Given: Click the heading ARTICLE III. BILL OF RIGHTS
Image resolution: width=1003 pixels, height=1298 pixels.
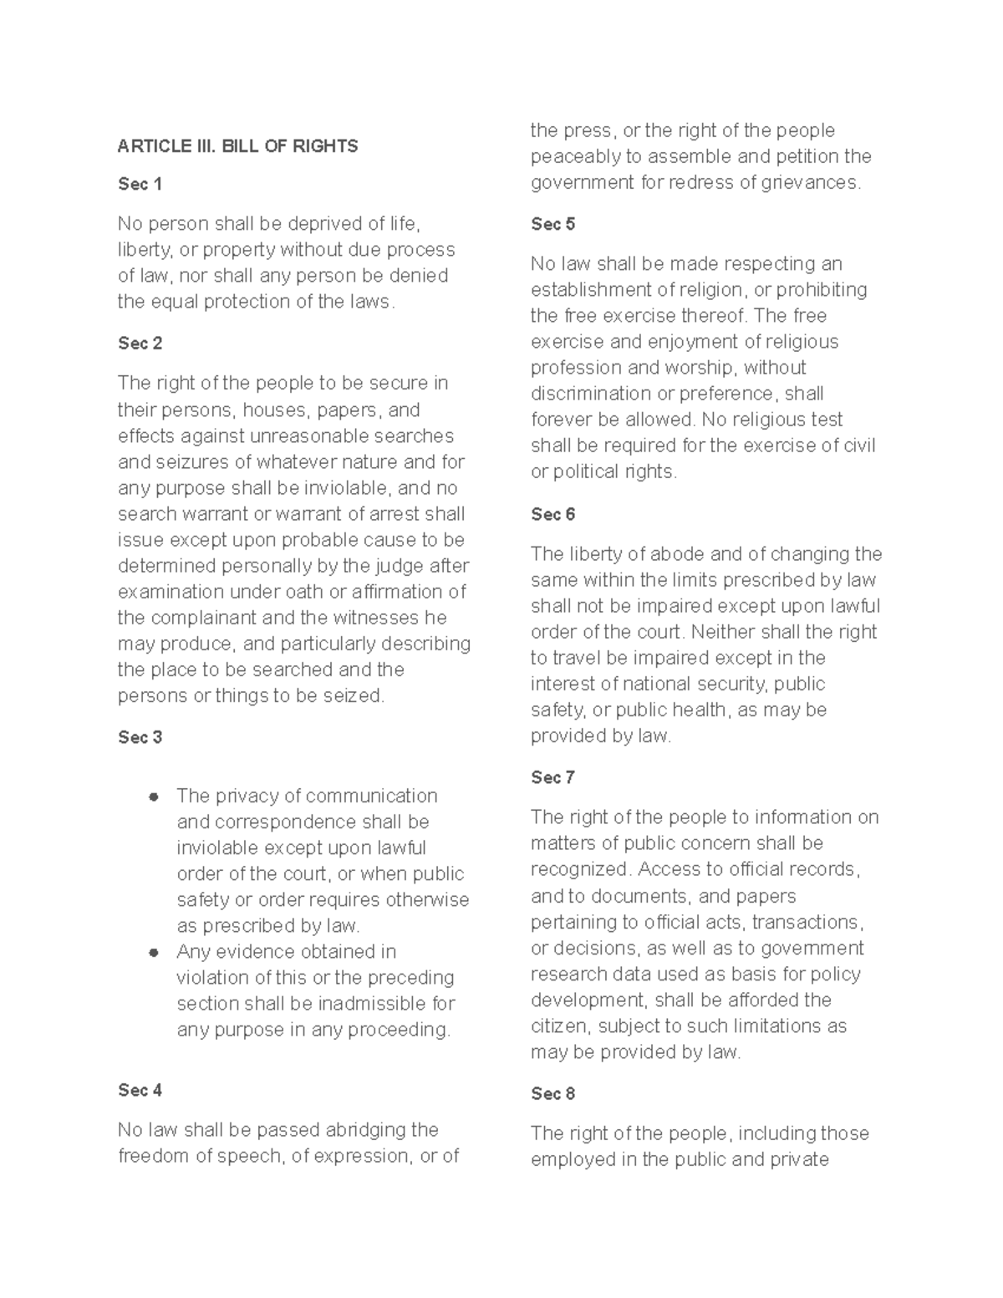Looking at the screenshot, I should pos(237,146).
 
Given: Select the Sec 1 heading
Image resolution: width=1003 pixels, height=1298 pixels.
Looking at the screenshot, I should pos(140,184).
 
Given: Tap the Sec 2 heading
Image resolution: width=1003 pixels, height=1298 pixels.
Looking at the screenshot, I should pos(140,344).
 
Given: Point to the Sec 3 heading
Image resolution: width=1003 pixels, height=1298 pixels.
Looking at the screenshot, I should pos(140,737).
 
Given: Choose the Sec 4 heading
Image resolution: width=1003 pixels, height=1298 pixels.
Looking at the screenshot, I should pos(140,1090).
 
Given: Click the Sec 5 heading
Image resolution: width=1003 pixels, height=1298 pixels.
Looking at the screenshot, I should pos(552,224).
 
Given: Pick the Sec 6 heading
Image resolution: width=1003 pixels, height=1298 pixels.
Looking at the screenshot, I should pos(552,514).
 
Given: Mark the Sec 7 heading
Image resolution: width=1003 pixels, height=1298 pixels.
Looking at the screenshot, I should pos(552,777).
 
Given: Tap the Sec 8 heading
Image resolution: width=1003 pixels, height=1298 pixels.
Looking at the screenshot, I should pos(552,1093).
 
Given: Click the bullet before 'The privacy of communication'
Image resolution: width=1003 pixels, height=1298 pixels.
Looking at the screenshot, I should pos(153,797).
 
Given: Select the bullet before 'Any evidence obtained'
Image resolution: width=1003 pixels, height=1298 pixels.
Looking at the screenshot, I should pos(153,952).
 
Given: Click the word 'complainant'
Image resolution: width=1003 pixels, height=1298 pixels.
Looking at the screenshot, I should pos(201,618).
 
